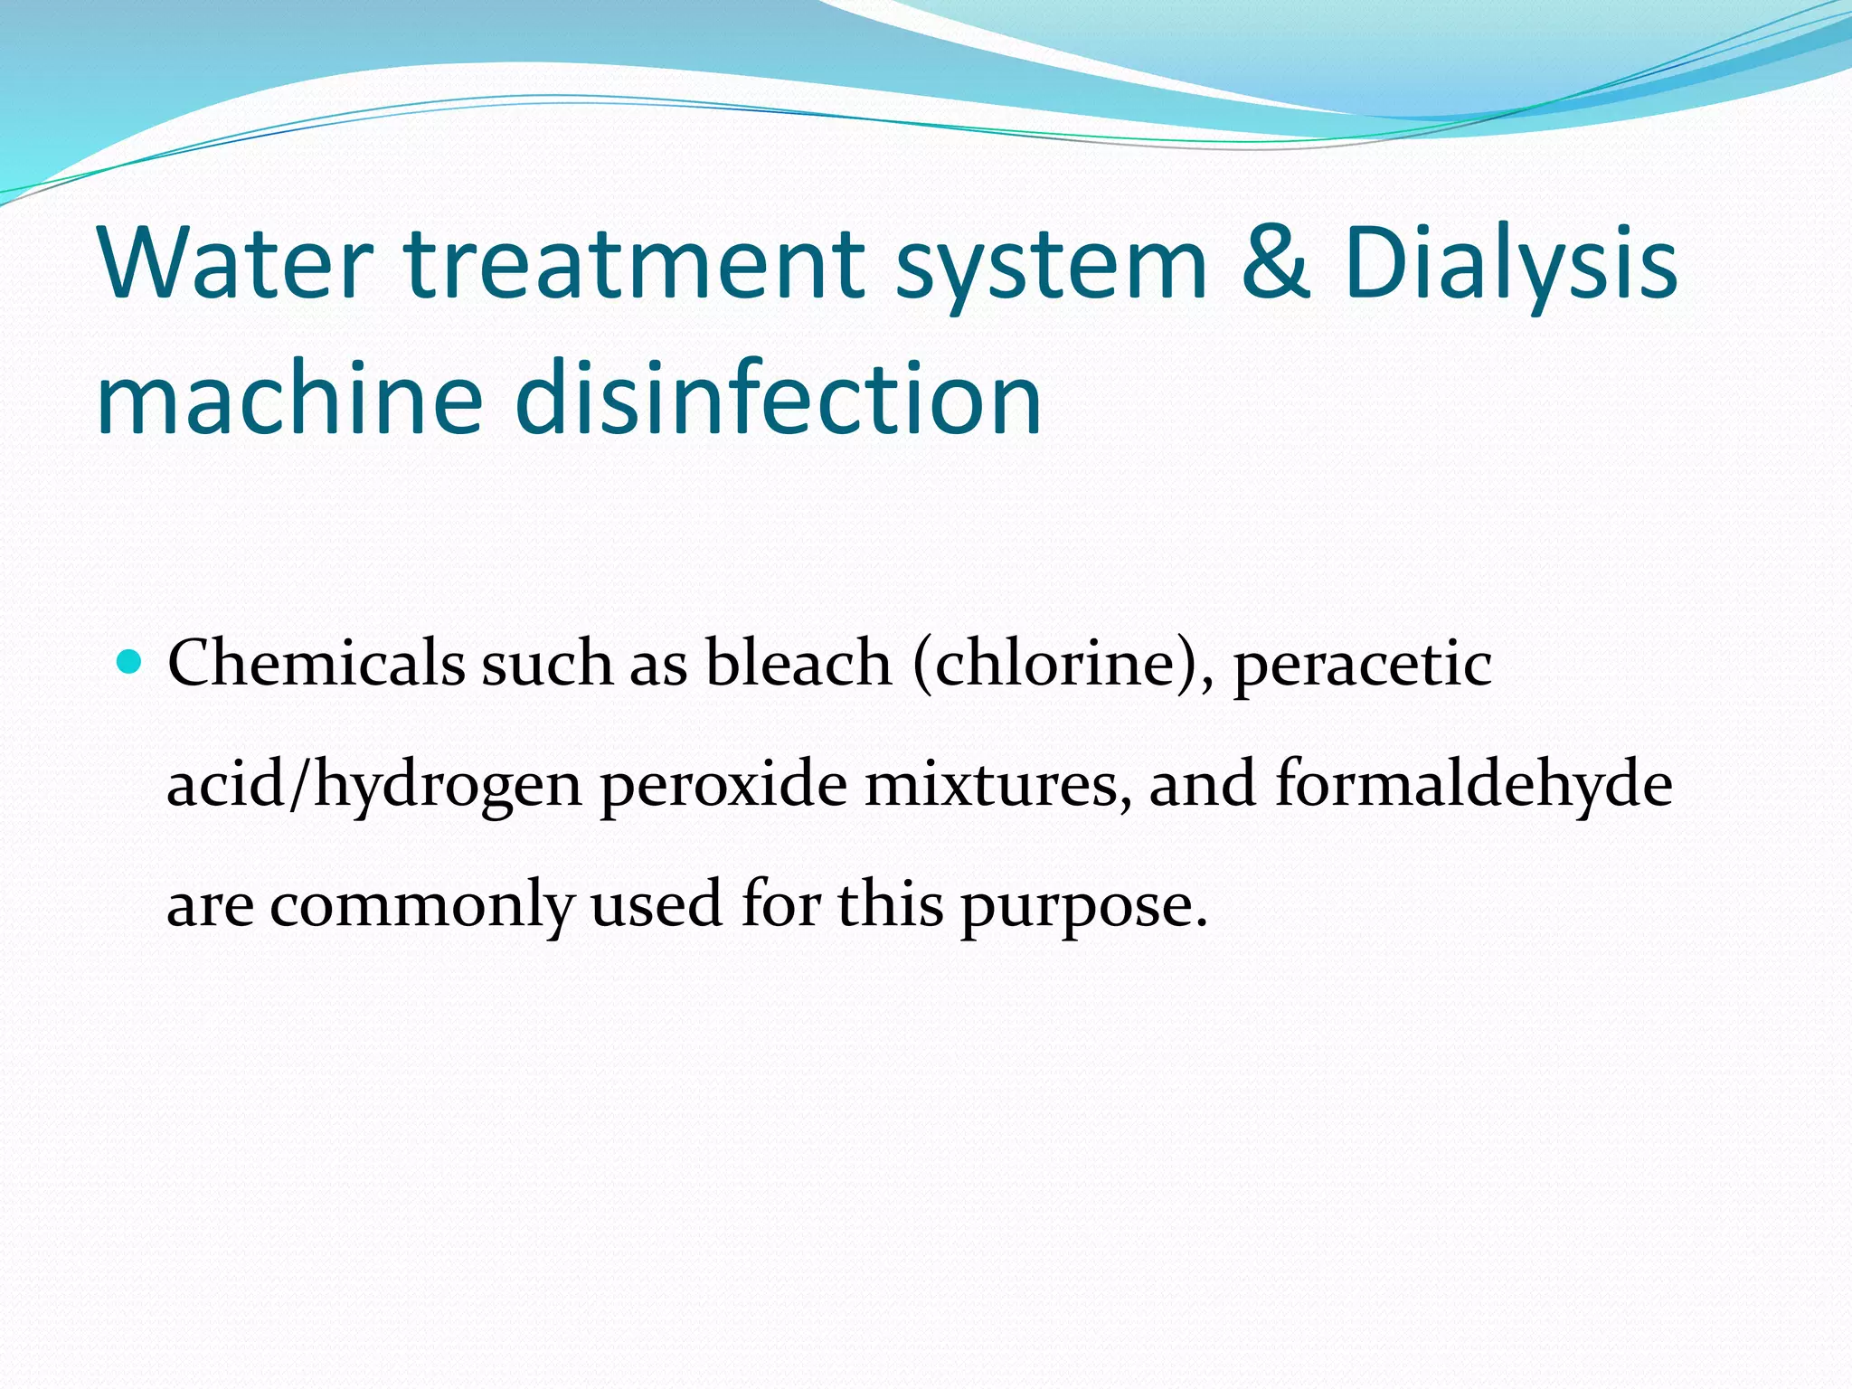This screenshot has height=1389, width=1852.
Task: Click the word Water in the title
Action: [x=234, y=263]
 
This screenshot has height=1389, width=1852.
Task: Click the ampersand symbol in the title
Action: [x=1276, y=263]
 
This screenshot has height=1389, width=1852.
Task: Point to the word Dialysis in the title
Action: [x=1511, y=263]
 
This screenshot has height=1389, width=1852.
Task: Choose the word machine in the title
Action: [x=289, y=398]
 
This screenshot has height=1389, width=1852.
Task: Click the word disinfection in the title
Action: [x=779, y=398]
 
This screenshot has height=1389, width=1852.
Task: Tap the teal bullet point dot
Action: [x=130, y=663]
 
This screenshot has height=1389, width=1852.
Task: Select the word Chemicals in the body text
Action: [x=317, y=663]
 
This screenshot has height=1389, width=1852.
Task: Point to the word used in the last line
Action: [x=657, y=904]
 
